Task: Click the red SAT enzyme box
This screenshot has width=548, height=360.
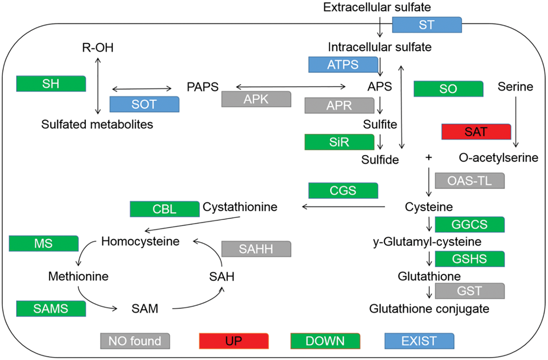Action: tap(476, 132)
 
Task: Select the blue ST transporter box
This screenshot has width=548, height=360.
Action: tap(427, 25)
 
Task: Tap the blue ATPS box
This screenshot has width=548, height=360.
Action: tap(343, 64)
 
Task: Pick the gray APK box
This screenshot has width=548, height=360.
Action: tap(256, 99)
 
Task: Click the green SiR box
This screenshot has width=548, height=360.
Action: tap(339, 142)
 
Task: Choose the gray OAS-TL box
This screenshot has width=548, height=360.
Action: tap(470, 181)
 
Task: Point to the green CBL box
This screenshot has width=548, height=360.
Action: tap(164, 209)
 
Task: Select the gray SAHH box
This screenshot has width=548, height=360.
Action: tap(256, 249)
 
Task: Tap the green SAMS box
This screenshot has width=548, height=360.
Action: tap(51, 309)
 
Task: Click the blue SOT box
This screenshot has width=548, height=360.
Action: tap(144, 104)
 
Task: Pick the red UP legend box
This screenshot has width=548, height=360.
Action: tap(234, 341)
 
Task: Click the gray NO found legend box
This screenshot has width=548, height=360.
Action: tap(135, 341)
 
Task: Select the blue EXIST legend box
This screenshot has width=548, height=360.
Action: tap(419, 341)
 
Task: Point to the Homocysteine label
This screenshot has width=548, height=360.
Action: tap(140, 241)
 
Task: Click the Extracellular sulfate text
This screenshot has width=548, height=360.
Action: tap(377, 7)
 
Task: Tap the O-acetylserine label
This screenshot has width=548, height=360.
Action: tap(498, 157)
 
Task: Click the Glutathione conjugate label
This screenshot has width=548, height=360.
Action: tap(429, 309)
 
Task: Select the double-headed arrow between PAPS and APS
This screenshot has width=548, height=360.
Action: tap(291, 87)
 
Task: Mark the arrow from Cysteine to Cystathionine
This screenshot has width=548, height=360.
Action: tap(343, 207)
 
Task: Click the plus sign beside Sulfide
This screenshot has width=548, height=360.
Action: tap(429, 157)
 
